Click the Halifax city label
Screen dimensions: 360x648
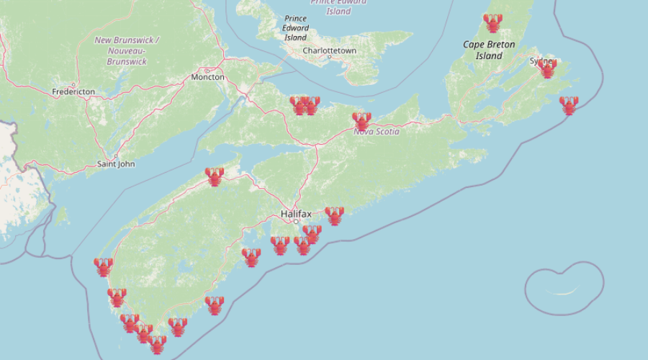click(296, 214)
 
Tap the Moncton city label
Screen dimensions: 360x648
click(207, 77)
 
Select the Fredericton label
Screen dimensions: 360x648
click(73, 92)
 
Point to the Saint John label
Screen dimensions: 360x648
click(116, 164)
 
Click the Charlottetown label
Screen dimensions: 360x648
click(329, 52)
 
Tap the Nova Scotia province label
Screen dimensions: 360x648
click(376, 132)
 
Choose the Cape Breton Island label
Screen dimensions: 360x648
click(489, 50)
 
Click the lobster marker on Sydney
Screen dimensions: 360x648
click(547, 68)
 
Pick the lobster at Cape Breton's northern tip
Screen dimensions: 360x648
click(492, 23)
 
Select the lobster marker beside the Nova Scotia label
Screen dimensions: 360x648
click(361, 121)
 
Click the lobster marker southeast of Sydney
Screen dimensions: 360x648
click(569, 106)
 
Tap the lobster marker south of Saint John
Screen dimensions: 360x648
click(214, 176)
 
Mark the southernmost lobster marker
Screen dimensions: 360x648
click(157, 344)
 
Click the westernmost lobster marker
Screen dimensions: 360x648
click(103, 268)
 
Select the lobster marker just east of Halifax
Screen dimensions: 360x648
click(334, 216)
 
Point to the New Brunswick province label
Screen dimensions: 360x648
click(127, 50)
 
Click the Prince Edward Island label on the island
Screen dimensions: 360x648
click(295, 27)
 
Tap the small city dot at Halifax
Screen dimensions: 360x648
click(295, 221)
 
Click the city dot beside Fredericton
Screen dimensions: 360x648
click(73, 85)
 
